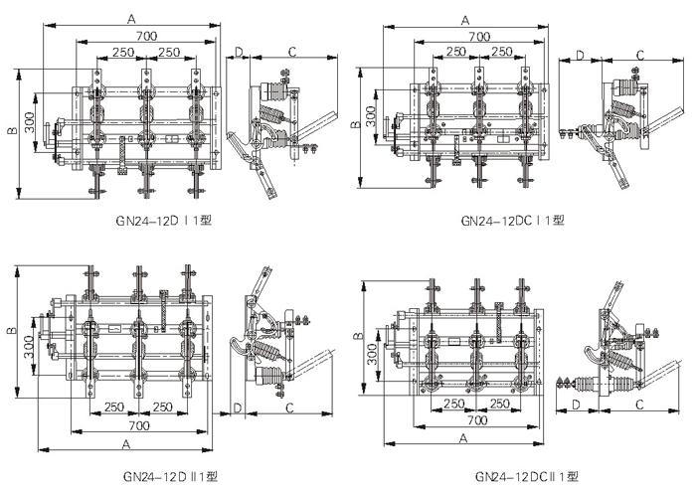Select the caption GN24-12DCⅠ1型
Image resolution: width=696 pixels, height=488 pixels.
point(512,221)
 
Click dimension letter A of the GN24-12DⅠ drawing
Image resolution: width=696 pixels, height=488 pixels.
point(130,18)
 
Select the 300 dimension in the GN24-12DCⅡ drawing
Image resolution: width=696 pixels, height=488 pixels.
point(371,353)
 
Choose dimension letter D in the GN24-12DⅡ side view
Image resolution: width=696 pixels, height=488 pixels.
point(239,407)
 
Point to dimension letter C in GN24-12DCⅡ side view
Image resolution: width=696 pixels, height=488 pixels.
point(638,405)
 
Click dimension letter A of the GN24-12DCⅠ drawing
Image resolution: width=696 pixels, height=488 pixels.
point(464,18)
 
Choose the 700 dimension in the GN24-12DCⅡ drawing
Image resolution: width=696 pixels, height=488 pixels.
point(479,420)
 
